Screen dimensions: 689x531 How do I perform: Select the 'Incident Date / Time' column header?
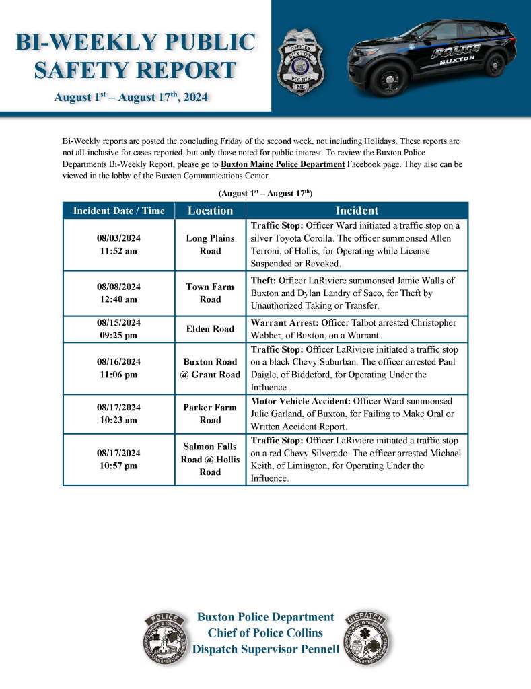[x=118, y=211]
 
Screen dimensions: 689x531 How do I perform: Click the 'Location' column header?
[x=210, y=211]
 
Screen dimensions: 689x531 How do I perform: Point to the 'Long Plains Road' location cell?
[x=210, y=244]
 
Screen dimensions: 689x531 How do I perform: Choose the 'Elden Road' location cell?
[x=210, y=328]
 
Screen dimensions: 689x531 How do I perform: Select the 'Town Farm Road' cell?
[x=210, y=293]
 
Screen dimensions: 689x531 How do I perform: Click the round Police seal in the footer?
[x=165, y=639]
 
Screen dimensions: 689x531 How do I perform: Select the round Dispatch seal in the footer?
[x=367, y=639]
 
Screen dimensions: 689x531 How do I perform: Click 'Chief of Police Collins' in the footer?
[x=265, y=632]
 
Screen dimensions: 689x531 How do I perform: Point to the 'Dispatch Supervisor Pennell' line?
[x=265, y=649]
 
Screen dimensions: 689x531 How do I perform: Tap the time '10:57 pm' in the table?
[x=118, y=465]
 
